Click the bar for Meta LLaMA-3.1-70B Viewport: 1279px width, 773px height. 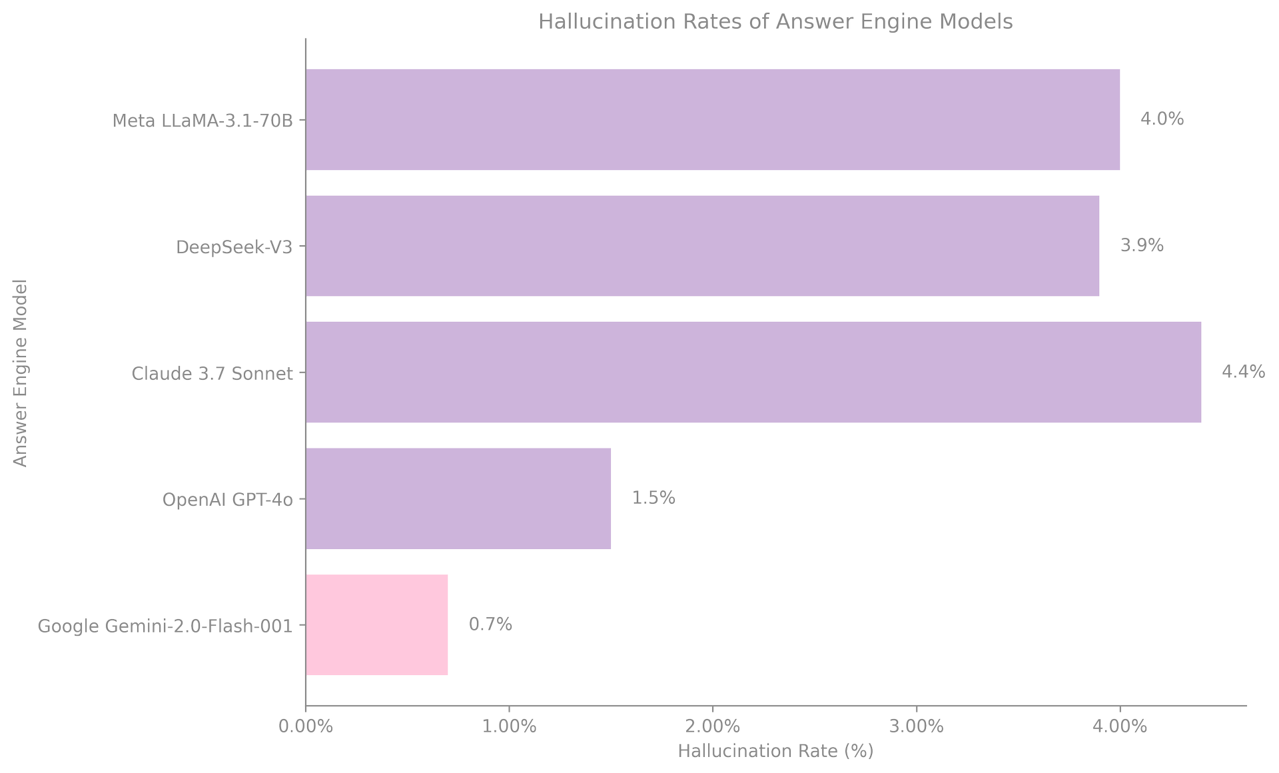coord(713,120)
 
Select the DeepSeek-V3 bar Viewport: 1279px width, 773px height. coord(702,246)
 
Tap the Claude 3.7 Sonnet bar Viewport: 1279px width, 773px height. coord(753,373)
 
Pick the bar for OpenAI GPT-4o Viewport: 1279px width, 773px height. coord(458,498)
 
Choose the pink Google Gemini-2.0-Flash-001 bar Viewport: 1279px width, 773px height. coord(376,625)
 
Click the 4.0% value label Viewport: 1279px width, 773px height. coord(1162,120)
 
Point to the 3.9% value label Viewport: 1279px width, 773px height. coord(1142,246)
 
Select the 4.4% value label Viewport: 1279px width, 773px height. coord(1243,373)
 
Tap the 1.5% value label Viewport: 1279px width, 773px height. coord(653,498)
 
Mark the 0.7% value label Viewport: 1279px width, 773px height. coord(490,625)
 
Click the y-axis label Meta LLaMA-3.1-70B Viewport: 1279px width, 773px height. coord(203,121)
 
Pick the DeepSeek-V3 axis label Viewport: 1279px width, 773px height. coord(234,247)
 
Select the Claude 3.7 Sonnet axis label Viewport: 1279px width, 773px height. coord(213,373)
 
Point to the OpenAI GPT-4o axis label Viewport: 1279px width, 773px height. coord(228,500)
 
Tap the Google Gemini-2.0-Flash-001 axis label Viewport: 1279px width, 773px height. coord(165,626)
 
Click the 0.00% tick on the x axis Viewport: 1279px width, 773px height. coord(306,727)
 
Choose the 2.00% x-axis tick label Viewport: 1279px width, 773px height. coord(713,727)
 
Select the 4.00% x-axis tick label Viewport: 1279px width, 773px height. coord(1120,727)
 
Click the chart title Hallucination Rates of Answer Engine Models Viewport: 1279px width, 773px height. coord(775,22)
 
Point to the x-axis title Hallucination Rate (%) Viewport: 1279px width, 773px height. coord(775,752)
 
